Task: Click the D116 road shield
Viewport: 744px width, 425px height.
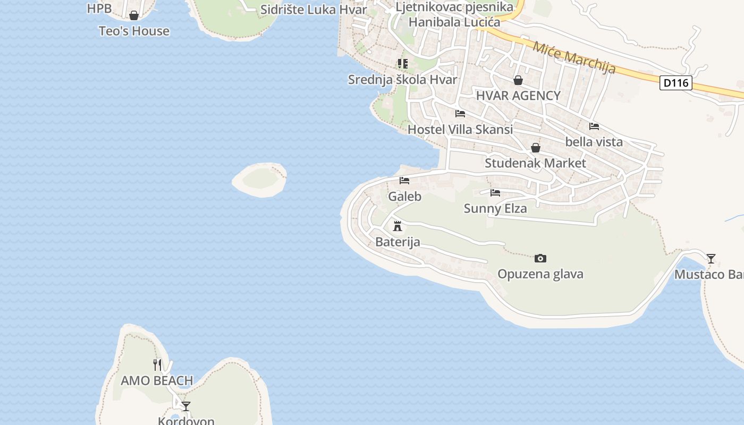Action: coord(675,83)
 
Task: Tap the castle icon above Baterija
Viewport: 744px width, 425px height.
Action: coord(397,226)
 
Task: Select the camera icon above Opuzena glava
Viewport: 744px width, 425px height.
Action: coord(540,259)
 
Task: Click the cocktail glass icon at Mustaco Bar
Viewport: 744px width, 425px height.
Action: coord(711,259)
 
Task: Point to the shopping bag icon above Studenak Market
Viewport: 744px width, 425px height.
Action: coord(536,148)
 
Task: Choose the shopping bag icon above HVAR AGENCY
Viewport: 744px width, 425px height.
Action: coord(518,80)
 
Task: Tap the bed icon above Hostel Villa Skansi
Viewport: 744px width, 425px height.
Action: coord(460,114)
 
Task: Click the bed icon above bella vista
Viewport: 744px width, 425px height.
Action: coord(594,126)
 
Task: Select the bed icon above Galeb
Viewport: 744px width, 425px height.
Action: coord(404,181)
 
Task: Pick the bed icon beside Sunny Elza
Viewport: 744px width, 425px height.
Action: coord(495,193)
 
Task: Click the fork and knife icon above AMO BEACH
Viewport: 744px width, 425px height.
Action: coord(157,364)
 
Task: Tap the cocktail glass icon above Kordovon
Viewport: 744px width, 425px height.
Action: coord(186,406)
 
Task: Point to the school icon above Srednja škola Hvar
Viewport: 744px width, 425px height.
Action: coord(403,64)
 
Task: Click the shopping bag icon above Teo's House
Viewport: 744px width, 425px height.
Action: coord(134,16)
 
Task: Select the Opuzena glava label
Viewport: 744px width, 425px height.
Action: coord(540,274)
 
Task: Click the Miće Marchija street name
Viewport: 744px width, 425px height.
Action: coord(574,58)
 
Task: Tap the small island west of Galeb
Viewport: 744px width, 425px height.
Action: coord(260,180)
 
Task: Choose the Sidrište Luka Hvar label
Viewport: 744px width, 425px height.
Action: coord(314,10)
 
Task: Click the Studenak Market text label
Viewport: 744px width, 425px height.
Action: coord(535,163)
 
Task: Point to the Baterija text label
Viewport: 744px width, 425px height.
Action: coord(398,242)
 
